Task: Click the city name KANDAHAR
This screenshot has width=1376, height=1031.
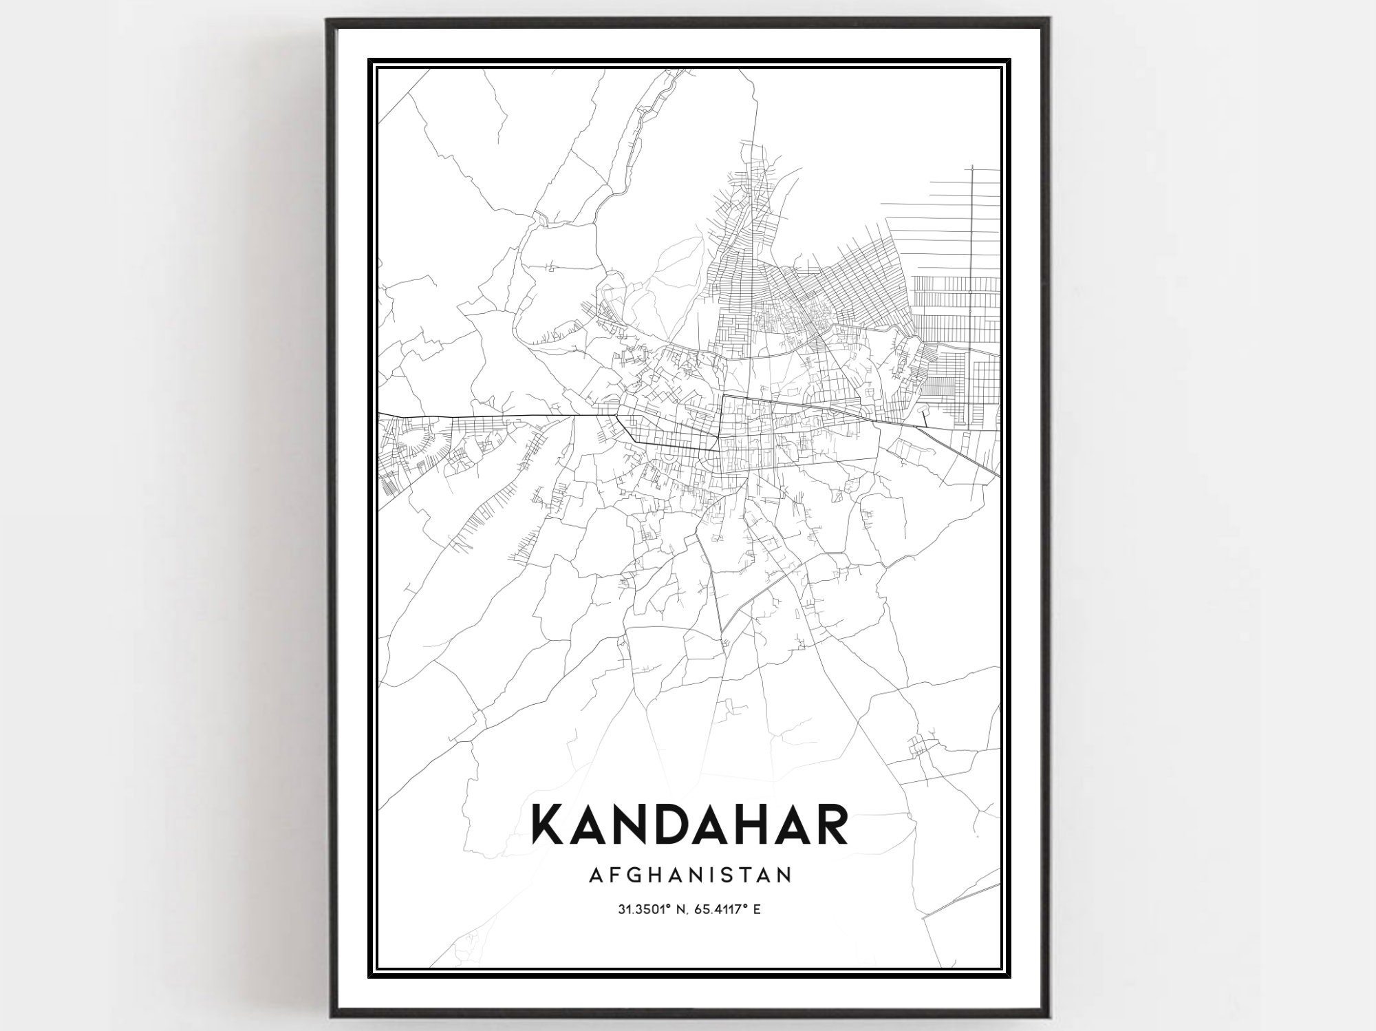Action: (x=689, y=825)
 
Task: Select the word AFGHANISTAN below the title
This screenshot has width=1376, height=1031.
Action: (x=690, y=875)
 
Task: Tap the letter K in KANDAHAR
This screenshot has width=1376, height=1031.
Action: (x=550, y=825)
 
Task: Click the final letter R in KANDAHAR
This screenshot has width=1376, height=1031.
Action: (x=828, y=825)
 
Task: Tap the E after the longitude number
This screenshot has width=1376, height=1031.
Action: (x=757, y=910)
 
